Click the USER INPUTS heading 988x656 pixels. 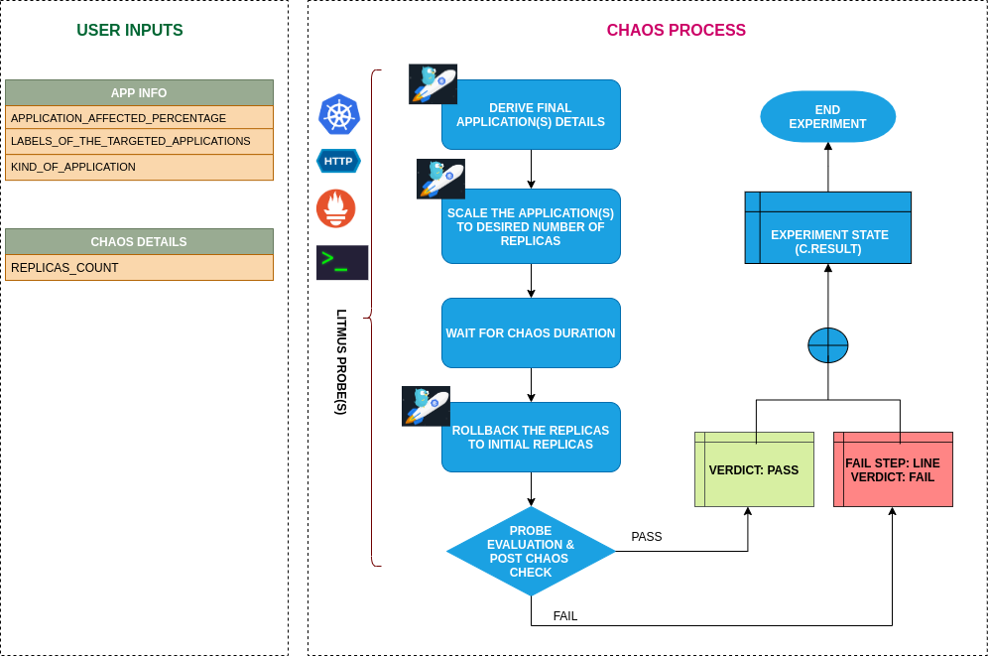coord(130,31)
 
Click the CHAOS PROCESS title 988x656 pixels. coord(676,31)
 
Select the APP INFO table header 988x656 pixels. coord(139,93)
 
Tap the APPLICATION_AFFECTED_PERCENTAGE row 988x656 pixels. coord(139,118)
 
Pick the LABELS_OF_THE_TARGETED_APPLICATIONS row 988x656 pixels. coord(139,142)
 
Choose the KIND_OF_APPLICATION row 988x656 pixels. coord(139,167)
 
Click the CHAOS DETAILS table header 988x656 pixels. coord(139,242)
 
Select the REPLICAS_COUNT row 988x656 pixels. coord(139,268)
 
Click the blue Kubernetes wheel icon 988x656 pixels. coord(338,114)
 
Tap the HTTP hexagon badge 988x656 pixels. coord(338,161)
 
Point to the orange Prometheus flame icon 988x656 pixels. coord(336,208)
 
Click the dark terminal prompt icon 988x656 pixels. coord(342,263)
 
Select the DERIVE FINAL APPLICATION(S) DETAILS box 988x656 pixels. coord(531,115)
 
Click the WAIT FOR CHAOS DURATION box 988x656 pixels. coord(531,333)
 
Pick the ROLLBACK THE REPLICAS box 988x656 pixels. coord(531,438)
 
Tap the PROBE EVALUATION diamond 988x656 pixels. coord(531,552)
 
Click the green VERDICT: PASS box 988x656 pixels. coord(754,470)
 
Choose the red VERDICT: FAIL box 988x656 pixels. coord(893,470)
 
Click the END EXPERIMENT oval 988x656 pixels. coord(828,117)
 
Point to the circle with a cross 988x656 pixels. coord(828,345)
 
